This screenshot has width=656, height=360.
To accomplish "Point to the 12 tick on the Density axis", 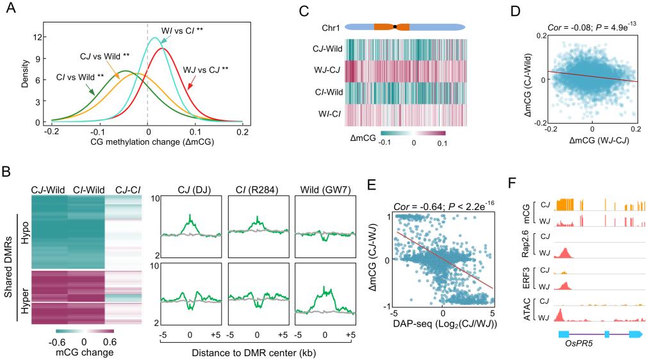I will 38,37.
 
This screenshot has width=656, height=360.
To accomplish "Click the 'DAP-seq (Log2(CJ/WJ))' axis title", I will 443,338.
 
